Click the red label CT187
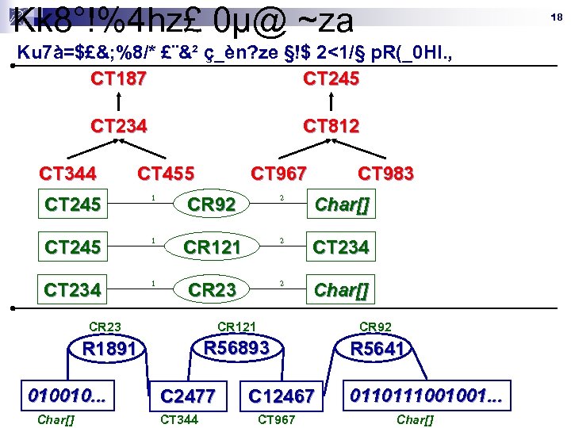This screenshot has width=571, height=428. tap(118, 78)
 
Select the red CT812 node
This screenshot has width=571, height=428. tap(331, 126)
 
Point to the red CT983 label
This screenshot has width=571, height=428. tap(385, 174)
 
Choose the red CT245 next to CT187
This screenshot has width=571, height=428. tap(331, 78)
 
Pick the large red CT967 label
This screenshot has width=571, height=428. tap(278, 174)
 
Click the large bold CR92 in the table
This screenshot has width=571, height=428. tap(211, 205)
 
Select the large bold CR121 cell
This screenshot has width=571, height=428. tap(211, 248)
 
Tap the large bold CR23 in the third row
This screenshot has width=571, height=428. tap(211, 291)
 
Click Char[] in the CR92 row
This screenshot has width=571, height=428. tap(342, 205)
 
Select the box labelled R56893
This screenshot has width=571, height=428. tap(237, 348)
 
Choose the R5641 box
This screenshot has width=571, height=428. tap(378, 350)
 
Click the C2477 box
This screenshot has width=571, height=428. tap(188, 396)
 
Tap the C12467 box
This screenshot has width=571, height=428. tap(282, 396)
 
